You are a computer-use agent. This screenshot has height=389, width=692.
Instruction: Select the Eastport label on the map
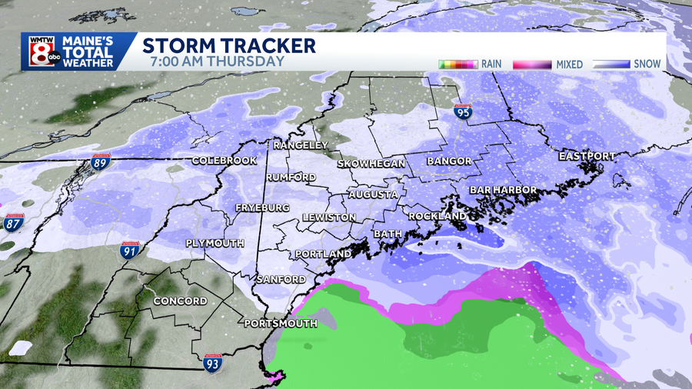pos(587,156)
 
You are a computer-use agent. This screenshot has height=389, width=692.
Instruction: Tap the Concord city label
pos(180,301)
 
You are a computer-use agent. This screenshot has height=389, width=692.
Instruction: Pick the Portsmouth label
pos(280,324)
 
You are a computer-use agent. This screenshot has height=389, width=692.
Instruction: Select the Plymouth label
pos(215,243)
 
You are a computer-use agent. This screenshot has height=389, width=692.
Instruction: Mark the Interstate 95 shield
pos(462,113)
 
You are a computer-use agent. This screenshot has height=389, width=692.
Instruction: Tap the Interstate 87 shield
pos(13,223)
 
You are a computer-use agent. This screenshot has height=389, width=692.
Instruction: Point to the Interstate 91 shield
pos(129,250)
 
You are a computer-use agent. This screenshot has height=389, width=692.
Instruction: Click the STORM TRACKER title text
pos(229,45)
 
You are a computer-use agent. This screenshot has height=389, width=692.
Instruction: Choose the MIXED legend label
pos(569,65)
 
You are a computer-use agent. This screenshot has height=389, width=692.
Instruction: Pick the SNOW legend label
pos(647,65)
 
